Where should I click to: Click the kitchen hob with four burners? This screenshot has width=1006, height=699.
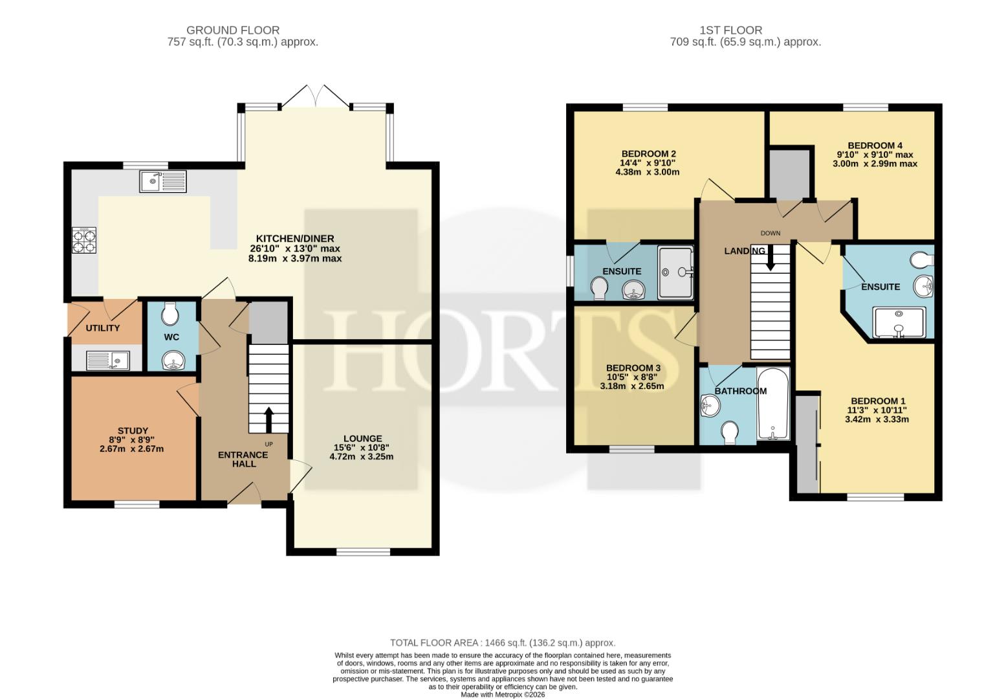coord(84,240)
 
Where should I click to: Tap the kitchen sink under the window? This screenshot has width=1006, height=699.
coord(162,181)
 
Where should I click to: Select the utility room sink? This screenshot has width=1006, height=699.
coord(108,361)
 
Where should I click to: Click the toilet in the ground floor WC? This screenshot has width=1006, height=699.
coord(169,313)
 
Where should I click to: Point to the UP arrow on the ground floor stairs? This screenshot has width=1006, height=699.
coord(268,420)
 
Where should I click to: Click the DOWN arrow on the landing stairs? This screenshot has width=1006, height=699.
coord(771,258)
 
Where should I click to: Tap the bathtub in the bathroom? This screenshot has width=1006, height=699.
coord(773,403)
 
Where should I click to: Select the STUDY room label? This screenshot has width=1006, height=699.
coord(133,430)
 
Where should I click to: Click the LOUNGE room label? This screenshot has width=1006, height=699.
coord(362,438)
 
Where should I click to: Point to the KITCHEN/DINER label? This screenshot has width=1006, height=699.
coord(295,239)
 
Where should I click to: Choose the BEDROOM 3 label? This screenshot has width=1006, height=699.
coord(633,368)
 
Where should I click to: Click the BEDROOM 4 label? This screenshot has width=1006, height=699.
coord(875,146)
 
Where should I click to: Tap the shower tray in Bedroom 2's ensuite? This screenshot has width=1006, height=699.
coord(675,272)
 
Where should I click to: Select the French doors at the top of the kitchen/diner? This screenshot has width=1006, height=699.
coord(315,96)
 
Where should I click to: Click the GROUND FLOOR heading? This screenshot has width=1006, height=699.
coord(233,30)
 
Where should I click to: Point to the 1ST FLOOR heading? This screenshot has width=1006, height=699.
coord(730,30)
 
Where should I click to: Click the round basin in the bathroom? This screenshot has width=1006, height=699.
coord(710,406)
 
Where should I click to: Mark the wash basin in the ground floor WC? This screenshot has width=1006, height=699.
coord(173,361)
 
